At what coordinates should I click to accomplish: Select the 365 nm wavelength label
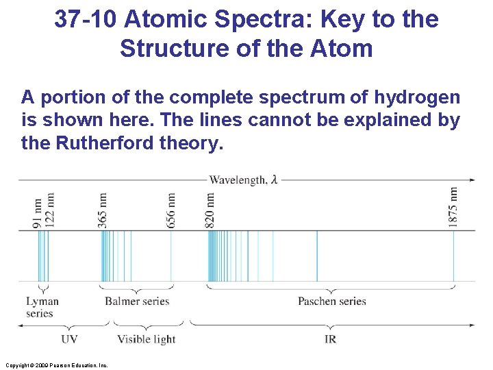click(102, 209)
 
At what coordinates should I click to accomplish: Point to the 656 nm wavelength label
click(170, 209)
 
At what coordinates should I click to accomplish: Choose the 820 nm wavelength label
click(210, 209)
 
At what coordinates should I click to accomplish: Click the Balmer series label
click(136, 301)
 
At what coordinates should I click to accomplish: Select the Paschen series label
click(332, 301)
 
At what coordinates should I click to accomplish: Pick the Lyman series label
click(42, 307)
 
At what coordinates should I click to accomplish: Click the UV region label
click(69, 339)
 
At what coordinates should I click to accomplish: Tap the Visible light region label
click(146, 339)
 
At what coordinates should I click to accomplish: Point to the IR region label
click(330, 339)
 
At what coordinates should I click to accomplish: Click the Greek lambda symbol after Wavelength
click(274, 180)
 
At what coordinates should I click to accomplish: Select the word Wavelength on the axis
click(238, 180)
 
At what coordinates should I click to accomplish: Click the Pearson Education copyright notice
click(55, 365)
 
